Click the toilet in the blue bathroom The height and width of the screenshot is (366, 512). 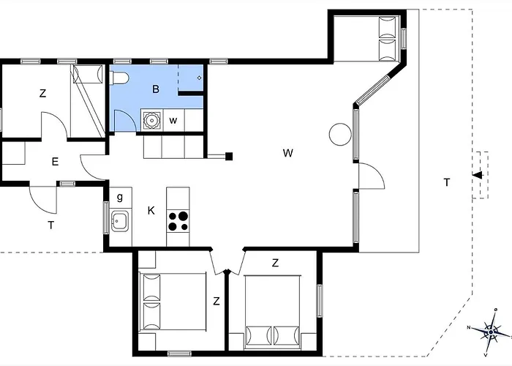[119, 78]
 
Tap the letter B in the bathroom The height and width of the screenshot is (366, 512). [156, 89]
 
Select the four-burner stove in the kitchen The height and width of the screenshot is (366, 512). [178, 221]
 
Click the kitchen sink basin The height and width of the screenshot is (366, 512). [119, 221]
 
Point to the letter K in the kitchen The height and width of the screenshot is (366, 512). [151, 211]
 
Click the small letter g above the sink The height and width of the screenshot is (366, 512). [120, 197]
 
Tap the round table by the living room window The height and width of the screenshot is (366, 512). [340, 134]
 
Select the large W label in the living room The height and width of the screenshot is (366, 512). [287, 153]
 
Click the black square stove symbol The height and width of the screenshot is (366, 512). [229, 157]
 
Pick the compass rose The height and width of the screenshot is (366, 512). [491, 332]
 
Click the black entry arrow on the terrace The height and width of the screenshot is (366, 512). [478, 175]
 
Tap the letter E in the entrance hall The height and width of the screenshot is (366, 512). [55, 162]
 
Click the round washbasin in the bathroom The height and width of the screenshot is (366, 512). [151, 120]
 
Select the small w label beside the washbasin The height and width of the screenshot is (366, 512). [173, 121]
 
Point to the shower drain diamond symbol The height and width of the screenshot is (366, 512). [199, 78]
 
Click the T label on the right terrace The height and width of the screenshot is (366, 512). [447, 182]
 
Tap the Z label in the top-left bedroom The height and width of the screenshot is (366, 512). [42, 94]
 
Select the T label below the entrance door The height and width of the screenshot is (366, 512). [51, 225]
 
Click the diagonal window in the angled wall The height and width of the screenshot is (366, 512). [372, 89]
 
